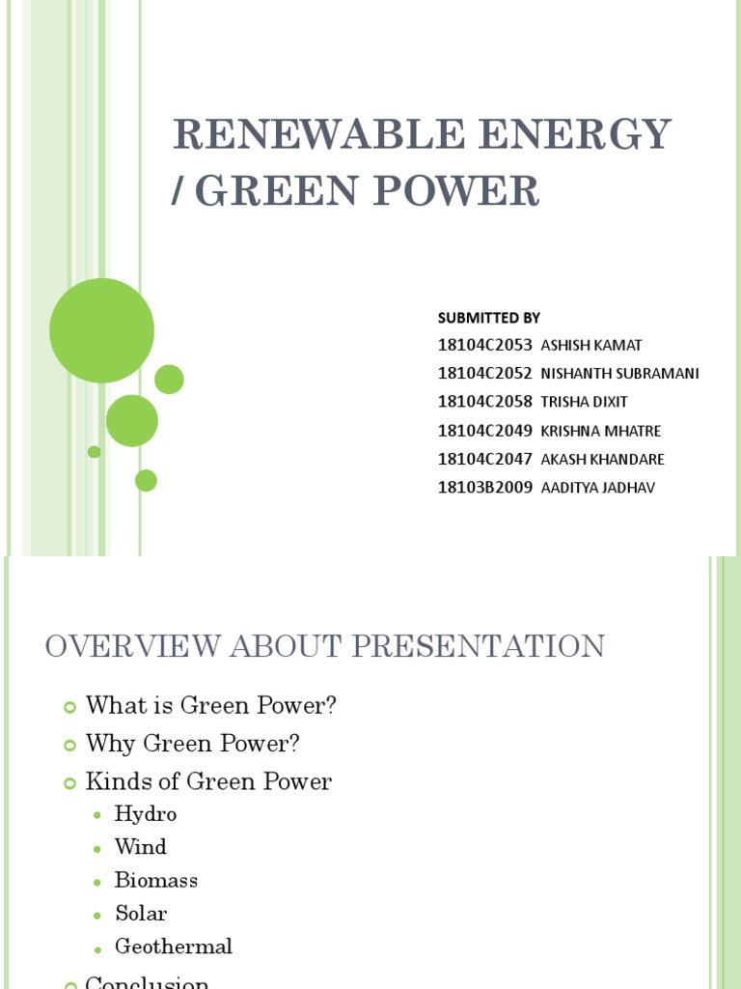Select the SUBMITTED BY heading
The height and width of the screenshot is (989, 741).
[x=488, y=318]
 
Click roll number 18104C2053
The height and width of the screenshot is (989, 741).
[x=484, y=345]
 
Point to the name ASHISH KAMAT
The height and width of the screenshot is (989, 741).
[x=591, y=346]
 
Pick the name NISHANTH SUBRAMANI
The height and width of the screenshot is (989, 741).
[x=619, y=374]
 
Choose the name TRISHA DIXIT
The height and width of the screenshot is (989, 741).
[x=585, y=402]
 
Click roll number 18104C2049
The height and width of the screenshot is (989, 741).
[x=484, y=431]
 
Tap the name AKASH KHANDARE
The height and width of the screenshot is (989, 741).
[x=603, y=460]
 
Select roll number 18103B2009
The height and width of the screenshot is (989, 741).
[x=484, y=488]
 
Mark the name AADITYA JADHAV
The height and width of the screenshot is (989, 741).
[x=598, y=488]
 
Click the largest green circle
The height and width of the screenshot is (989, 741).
[x=101, y=330]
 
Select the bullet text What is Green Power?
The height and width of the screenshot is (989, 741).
[x=210, y=706]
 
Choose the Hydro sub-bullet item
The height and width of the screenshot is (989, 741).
[x=146, y=814]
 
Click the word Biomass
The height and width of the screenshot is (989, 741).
[x=155, y=880]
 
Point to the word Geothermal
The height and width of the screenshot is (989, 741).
[x=174, y=947]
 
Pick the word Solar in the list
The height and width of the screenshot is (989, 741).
[x=141, y=913]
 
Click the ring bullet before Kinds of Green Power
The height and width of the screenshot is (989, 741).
[x=69, y=783]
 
